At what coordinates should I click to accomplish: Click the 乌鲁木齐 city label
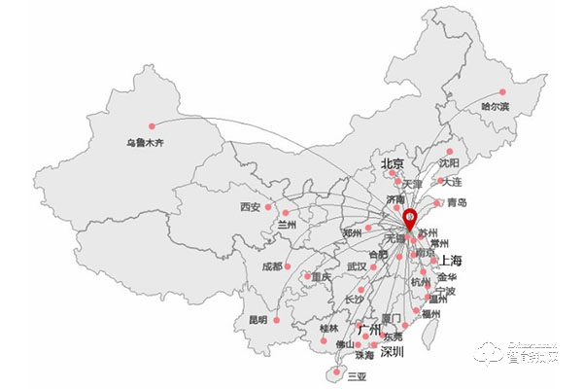pyautogui.click(x=145, y=144)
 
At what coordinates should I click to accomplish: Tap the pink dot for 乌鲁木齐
pyautogui.click(x=152, y=125)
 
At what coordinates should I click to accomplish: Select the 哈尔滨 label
pyautogui.click(x=495, y=105)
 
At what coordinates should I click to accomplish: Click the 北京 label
pyautogui.click(x=393, y=163)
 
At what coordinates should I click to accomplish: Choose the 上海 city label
pyautogui.click(x=451, y=260)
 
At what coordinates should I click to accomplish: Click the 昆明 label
pyautogui.click(x=257, y=319)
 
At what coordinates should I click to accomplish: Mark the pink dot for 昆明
pyautogui.click(x=277, y=318)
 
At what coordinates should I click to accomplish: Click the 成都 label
pyautogui.click(x=270, y=265)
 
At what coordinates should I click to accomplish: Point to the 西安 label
pyautogui.click(x=250, y=207)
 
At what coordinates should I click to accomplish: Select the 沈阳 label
pyautogui.click(x=448, y=164)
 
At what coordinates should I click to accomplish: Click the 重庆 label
pyautogui.click(x=320, y=277)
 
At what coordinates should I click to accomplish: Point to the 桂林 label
pyautogui.click(x=329, y=329)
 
